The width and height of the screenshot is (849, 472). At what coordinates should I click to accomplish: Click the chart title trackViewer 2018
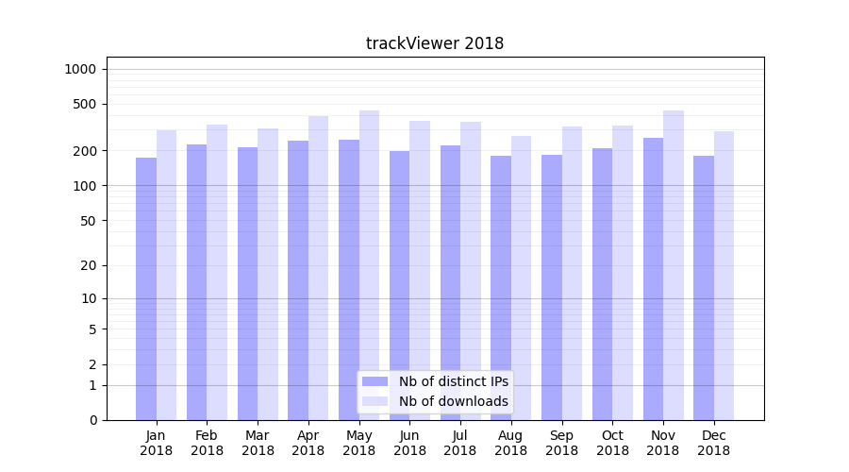click(435, 43)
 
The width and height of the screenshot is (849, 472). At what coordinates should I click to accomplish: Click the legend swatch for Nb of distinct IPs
click(375, 381)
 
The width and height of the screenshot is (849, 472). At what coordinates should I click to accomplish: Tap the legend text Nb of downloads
click(454, 401)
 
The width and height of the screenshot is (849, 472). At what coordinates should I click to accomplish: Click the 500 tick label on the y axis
click(85, 104)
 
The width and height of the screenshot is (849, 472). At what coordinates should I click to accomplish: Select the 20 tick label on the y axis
click(89, 265)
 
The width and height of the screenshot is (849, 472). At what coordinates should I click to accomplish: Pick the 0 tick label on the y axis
click(92, 420)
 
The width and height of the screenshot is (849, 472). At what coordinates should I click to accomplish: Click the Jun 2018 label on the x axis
click(409, 443)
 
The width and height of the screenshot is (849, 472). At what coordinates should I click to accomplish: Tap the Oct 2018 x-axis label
click(612, 443)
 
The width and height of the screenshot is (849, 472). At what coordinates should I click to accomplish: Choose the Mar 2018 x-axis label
click(258, 443)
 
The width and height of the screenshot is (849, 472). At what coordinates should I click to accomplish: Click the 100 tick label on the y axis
click(85, 186)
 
